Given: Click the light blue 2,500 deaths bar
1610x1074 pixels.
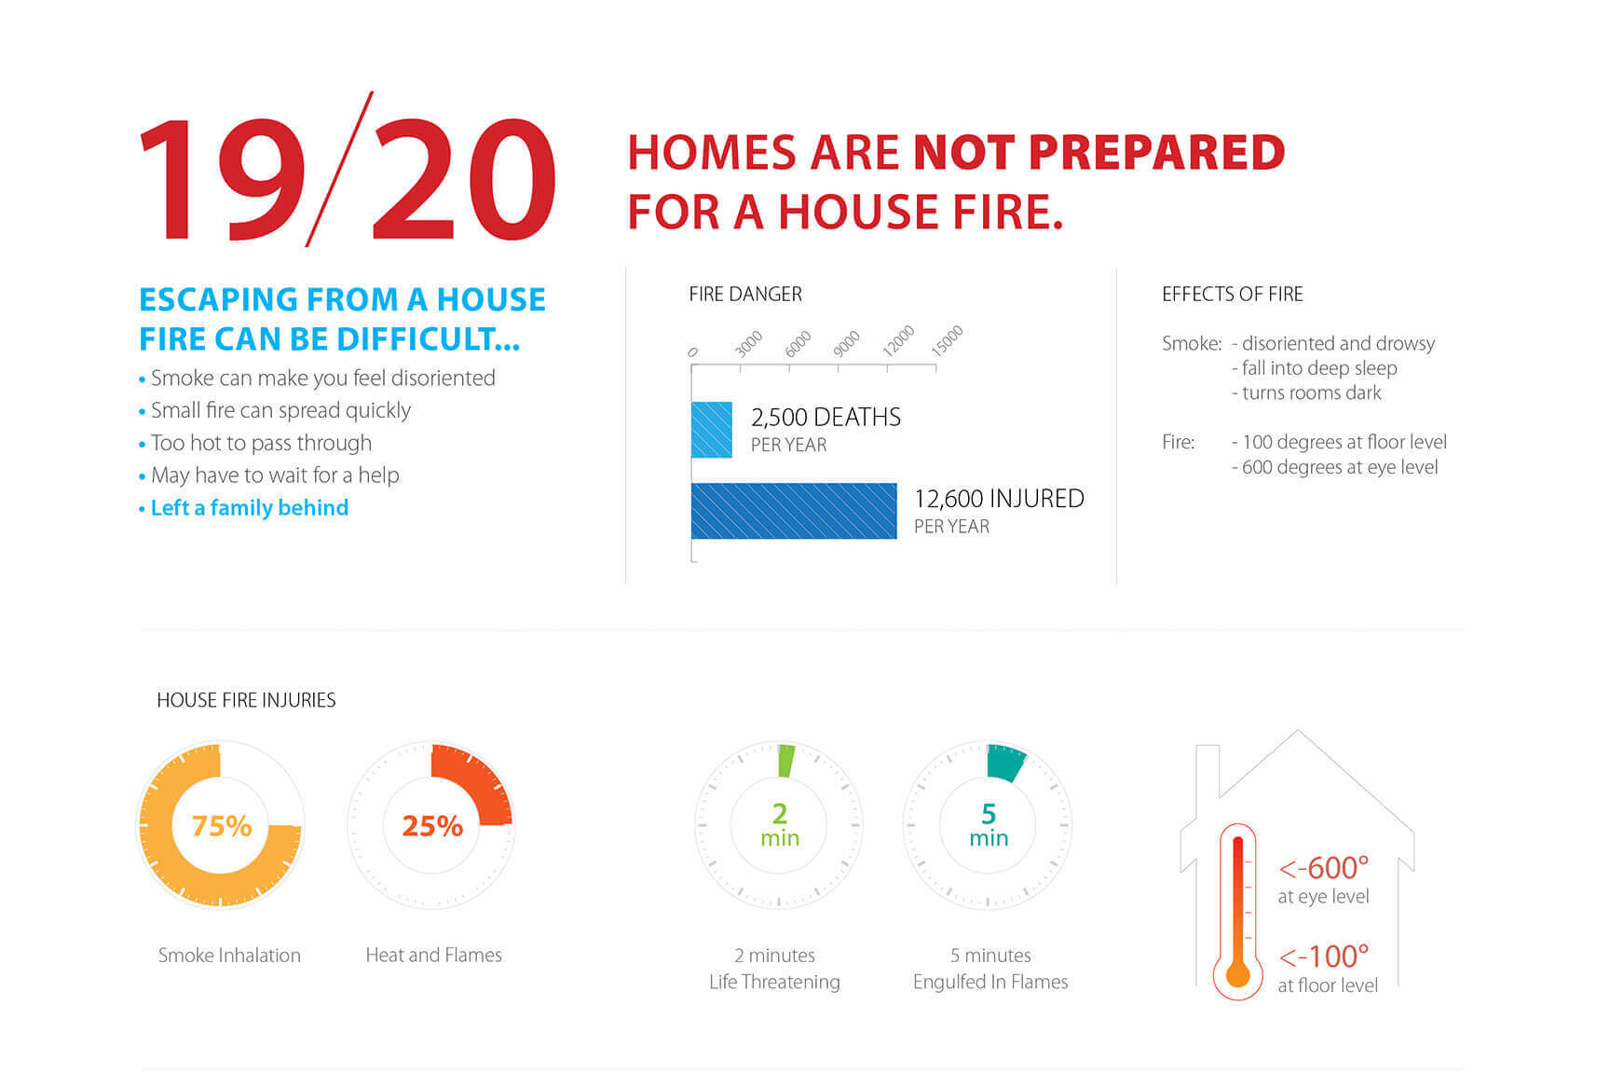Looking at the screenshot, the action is point(711,430).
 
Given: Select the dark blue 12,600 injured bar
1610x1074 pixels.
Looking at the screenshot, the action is point(794,511).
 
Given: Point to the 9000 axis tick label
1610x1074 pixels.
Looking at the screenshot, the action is point(846,344).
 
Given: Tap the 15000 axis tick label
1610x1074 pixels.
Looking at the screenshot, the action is point(947,341).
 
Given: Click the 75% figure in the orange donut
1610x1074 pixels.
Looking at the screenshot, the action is point(222,826).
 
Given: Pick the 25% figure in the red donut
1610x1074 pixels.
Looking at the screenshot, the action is point(432,826).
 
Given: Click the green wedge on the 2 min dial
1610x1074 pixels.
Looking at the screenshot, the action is point(785,761).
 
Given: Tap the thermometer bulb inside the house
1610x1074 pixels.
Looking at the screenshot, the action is point(1237,975).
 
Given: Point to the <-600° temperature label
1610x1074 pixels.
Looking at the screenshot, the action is point(1324,868).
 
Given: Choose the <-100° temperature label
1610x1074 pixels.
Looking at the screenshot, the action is point(1324,957).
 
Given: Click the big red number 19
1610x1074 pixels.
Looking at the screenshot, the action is point(222,179).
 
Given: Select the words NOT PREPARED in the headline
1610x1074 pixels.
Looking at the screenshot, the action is point(1099,153).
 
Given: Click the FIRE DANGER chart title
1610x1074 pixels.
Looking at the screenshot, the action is point(745,295).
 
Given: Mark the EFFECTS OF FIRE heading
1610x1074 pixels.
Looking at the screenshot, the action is point(1233,295).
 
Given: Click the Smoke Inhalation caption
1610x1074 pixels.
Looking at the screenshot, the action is point(229,955).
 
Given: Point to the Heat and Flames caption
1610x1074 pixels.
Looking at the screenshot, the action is point(434,955).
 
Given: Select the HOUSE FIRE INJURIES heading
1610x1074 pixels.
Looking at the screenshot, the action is point(246,700).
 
